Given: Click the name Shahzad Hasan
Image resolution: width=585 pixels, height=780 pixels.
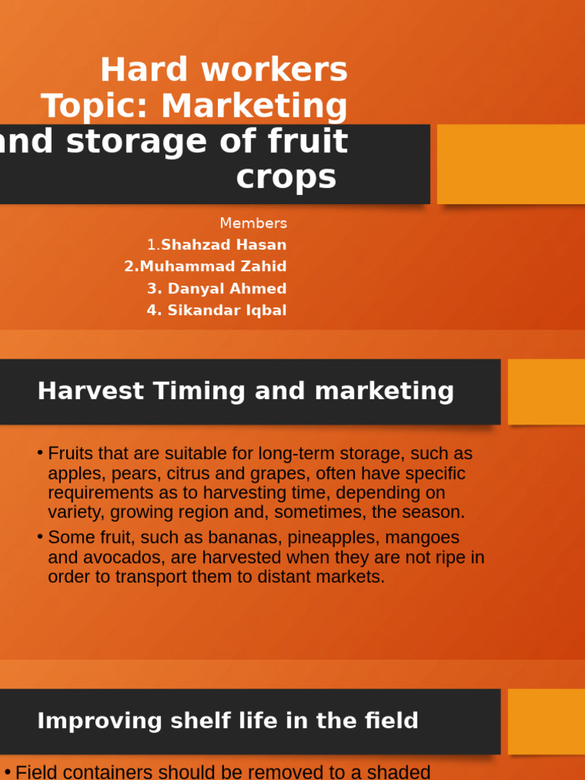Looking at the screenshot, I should tap(224, 245).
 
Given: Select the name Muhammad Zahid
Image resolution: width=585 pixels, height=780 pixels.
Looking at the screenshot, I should tap(213, 267).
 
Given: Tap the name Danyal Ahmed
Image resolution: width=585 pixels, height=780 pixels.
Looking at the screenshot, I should tap(227, 289).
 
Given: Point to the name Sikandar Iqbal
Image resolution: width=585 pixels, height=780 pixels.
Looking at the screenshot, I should tap(227, 311).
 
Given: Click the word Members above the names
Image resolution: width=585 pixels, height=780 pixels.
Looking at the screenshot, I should tap(253, 223).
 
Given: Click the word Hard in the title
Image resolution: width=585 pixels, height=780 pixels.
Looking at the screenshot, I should tap(144, 70).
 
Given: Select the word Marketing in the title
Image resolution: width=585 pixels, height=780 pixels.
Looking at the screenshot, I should tap(254, 106).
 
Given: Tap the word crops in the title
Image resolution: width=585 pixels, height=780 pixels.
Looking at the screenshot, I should tap(286, 177).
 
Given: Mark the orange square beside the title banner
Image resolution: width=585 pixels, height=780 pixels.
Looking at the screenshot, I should tap(510, 164).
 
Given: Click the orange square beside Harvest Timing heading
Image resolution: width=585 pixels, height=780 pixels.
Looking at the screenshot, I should tap(546, 392).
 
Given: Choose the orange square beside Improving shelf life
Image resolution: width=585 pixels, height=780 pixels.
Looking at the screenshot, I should tap(546, 721).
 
